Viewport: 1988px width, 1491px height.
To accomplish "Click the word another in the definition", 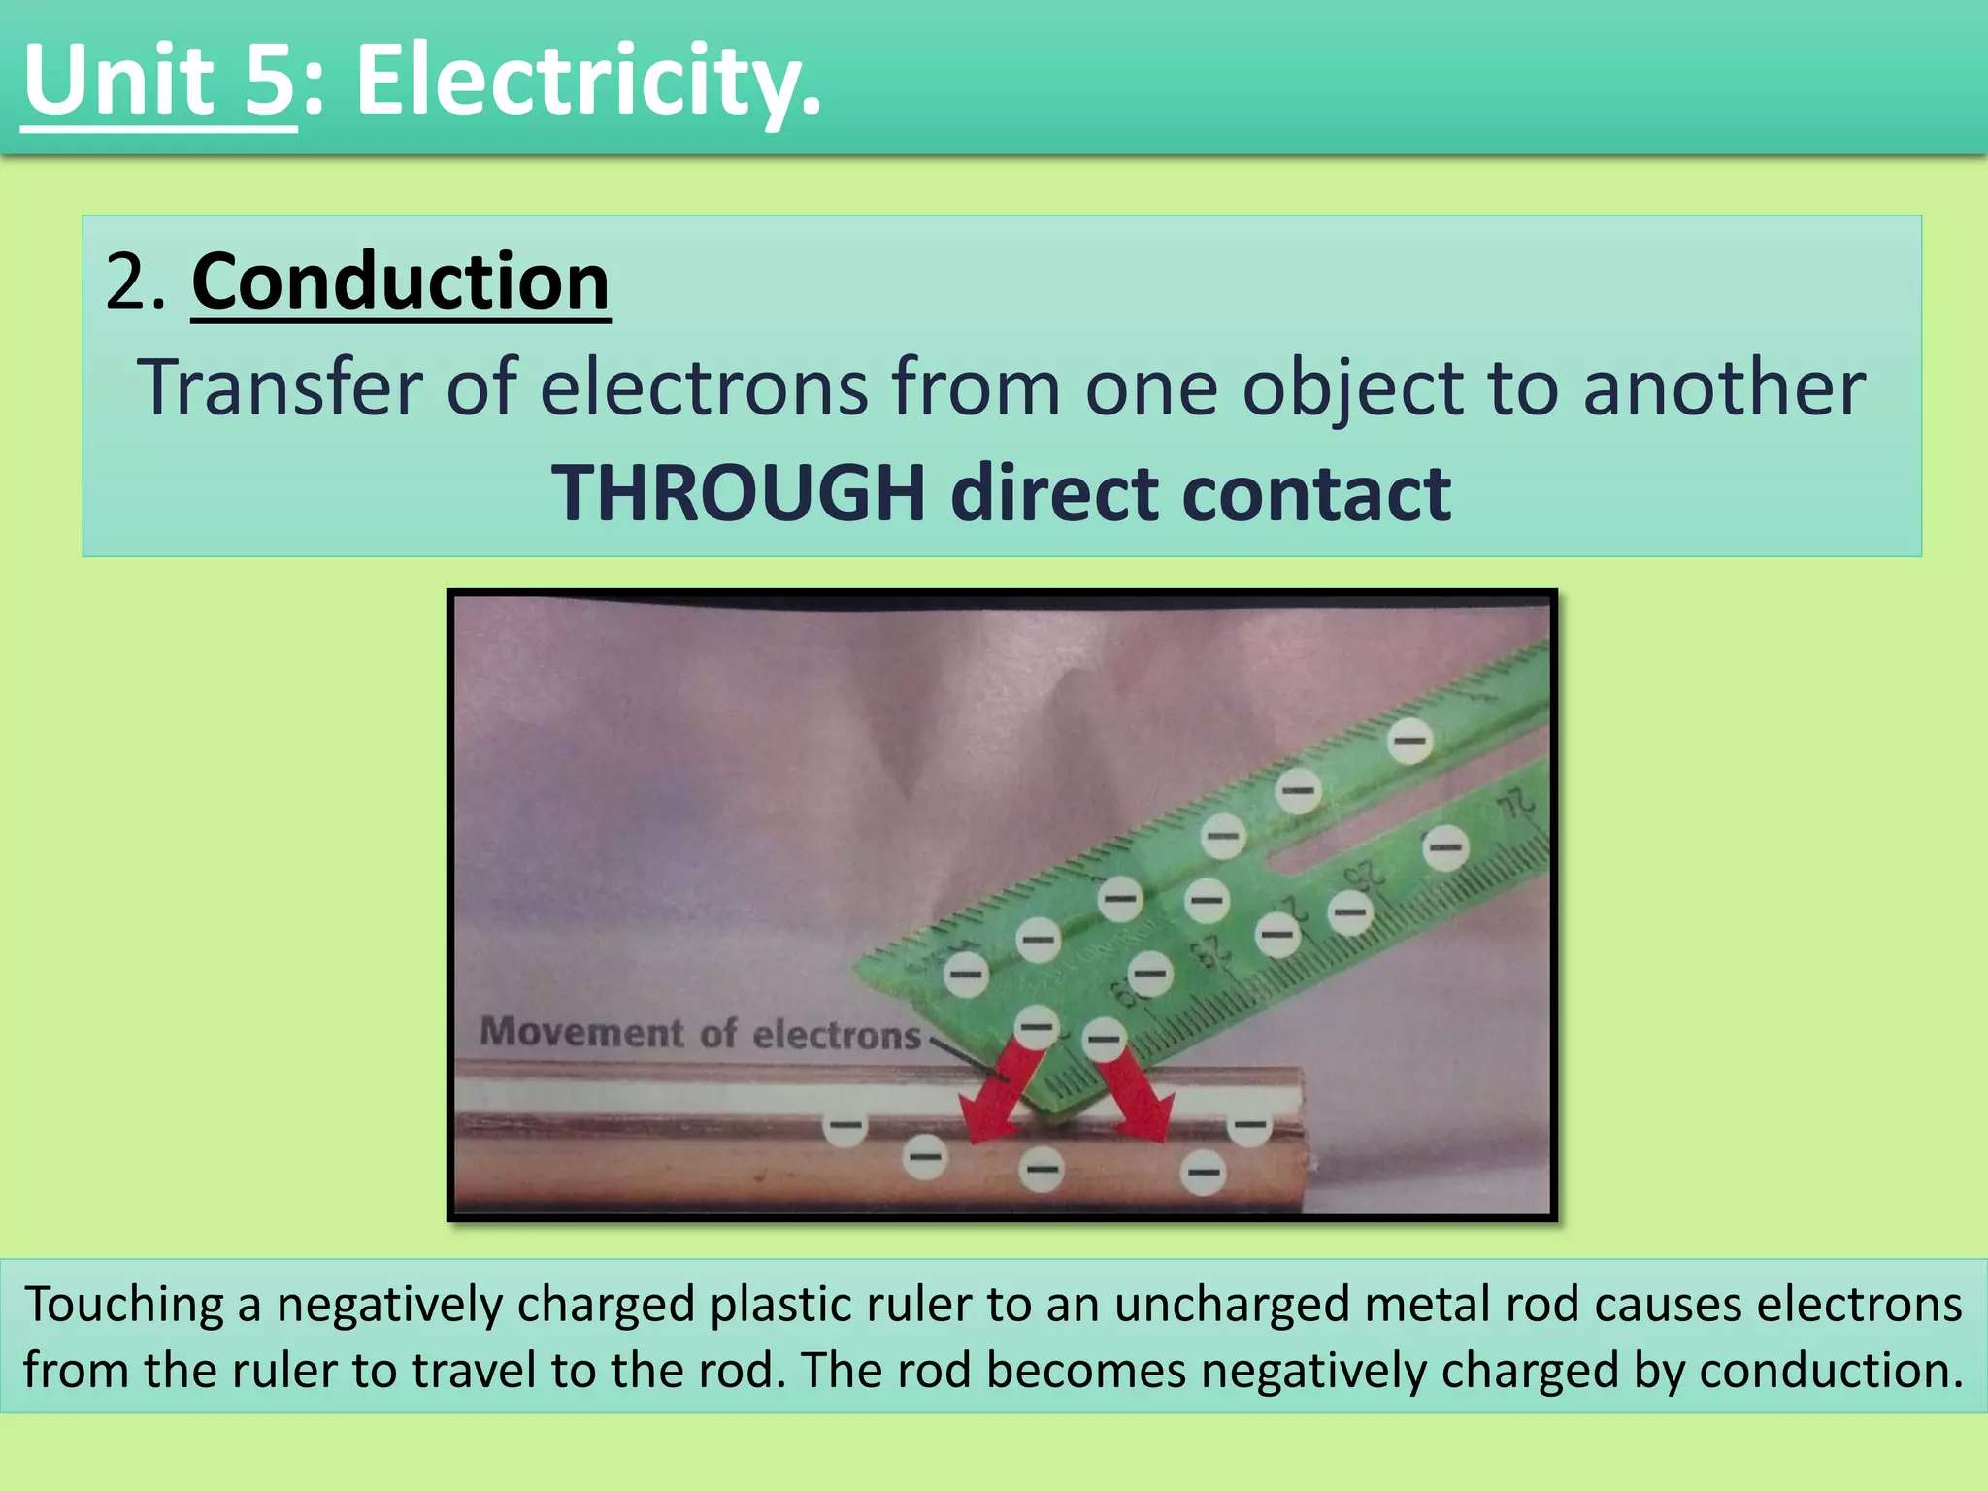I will [x=1724, y=388].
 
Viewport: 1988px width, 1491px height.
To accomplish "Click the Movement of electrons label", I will [x=700, y=1033].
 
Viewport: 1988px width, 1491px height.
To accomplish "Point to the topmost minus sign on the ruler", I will [x=1409, y=742].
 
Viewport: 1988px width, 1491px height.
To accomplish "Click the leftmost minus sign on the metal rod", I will [x=845, y=1126].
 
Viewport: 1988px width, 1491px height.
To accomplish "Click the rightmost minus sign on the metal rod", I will [x=1249, y=1126].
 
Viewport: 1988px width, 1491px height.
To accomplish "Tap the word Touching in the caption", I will [x=124, y=1304].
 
